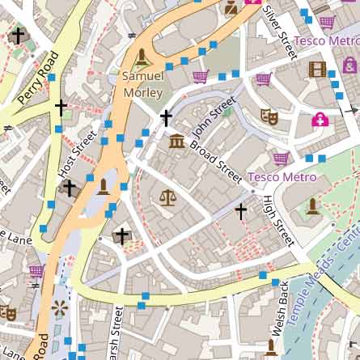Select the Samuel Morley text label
(x=143, y=84)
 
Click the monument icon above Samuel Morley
(x=143, y=57)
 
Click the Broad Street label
(x=216, y=161)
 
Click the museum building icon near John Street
(x=176, y=142)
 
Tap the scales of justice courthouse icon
(x=167, y=197)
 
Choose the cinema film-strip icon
(x=317, y=69)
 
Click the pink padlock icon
(x=320, y=120)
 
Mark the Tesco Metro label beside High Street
(x=282, y=176)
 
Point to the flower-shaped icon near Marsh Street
(x=59, y=307)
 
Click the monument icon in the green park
(x=313, y=206)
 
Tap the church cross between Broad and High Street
(x=240, y=211)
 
